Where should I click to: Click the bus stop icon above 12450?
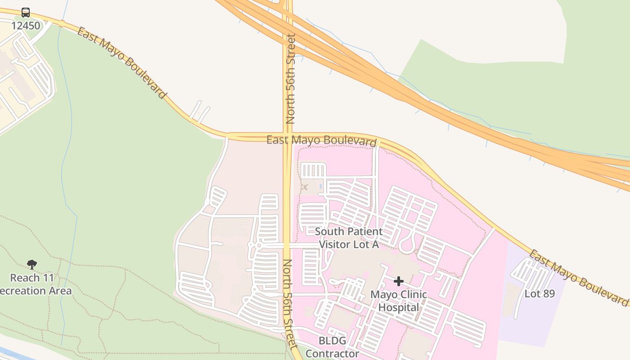coord(26,13)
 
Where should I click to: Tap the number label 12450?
coord(26,26)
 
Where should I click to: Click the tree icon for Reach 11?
coord(31,264)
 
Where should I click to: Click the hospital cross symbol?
coord(398,282)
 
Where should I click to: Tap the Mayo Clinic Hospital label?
coord(398,301)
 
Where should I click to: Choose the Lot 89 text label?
coord(540,293)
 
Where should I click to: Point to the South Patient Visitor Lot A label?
coord(349,238)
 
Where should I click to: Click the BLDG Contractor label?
coord(332,347)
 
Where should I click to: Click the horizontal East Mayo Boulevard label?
coord(321,140)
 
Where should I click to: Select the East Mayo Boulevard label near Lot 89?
coord(578,278)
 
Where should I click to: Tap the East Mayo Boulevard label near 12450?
coord(122,62)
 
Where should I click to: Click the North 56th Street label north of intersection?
coord(291,79)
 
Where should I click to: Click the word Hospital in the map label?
coord(398,307)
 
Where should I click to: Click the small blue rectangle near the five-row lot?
coord(320,186)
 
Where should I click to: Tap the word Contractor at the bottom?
coord(332,353)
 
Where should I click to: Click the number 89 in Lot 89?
coord(548,293)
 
